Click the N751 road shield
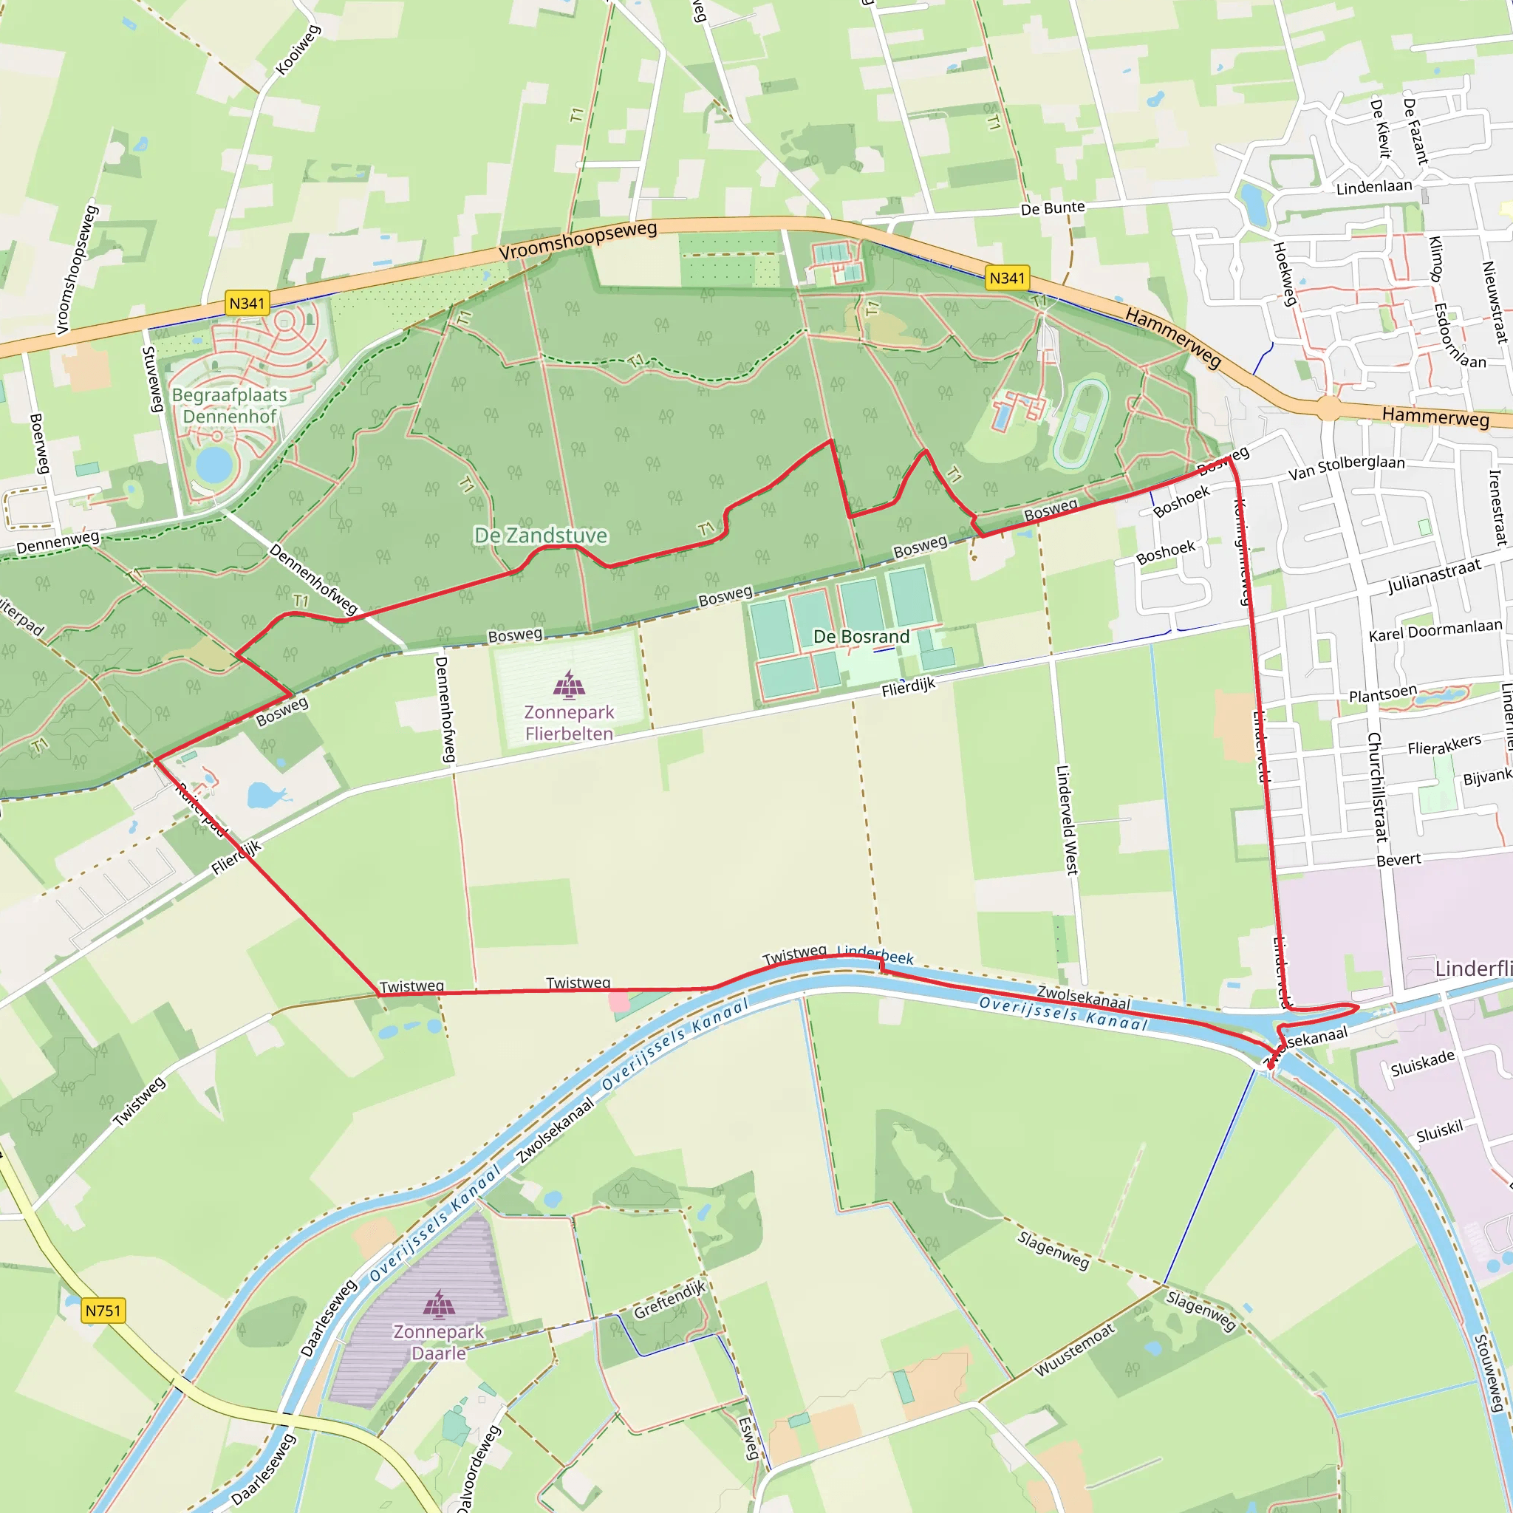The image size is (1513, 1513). pyautogui.click(x=103, y=1310)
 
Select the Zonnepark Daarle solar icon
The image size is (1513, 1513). pyautogui.click(x=439, y=1304)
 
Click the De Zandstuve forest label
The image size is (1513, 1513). pyautogui.click(x=541, y=536)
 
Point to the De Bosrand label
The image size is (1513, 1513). pyautogui.click(x=861, y=636)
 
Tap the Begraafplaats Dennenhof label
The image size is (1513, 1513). pyautogui.click(x=230, y=406)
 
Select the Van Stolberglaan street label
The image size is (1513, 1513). pyautogui.click(x=1346, y=467)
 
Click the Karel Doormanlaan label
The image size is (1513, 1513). pyautogui.click(x=1435, y=629)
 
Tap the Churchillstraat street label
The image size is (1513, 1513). pyautogui.click(x=1378, y=786)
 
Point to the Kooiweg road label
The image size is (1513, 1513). pyautogui.click(x=298, y=50)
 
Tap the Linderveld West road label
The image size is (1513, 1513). pyautogui.click(x=1067, y=819)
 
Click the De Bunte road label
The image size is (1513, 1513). pyautogui.click(x=1053, y=208)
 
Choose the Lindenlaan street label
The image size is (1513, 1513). pyautogui.click(x=1373, y=187)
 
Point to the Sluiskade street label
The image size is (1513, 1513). pyautogui.click(x=1422, y=1062)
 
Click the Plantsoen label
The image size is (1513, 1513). pyautogui.click(x=1383, y=694)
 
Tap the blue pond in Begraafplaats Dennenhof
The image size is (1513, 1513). pyautogui.click(x=214, y=465)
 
